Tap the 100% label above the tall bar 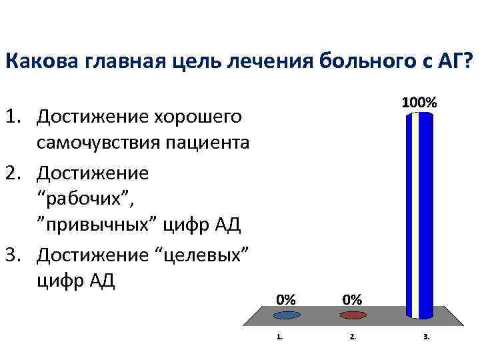pos(419,103)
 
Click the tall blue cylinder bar pos(419,213)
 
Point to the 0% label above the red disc pos(352,299)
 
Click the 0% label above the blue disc pos(287,299)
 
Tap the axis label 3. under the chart pos(426,337)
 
